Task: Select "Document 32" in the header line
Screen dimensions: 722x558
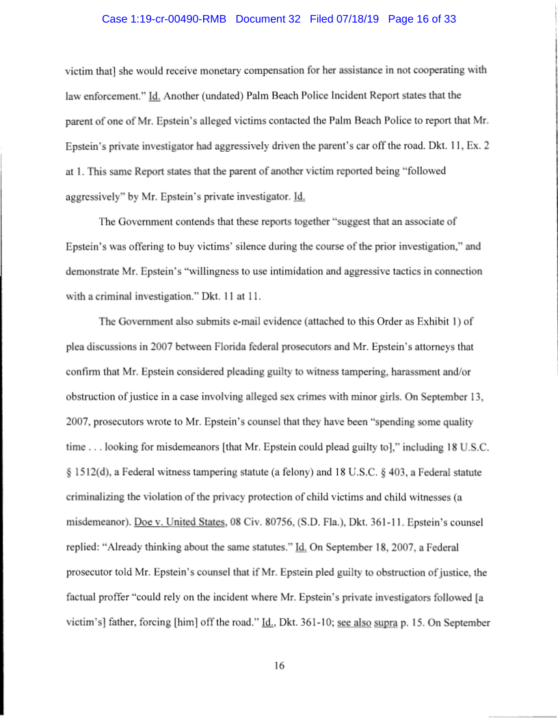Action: [268, 19]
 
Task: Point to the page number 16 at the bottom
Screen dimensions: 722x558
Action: [279, 666]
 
